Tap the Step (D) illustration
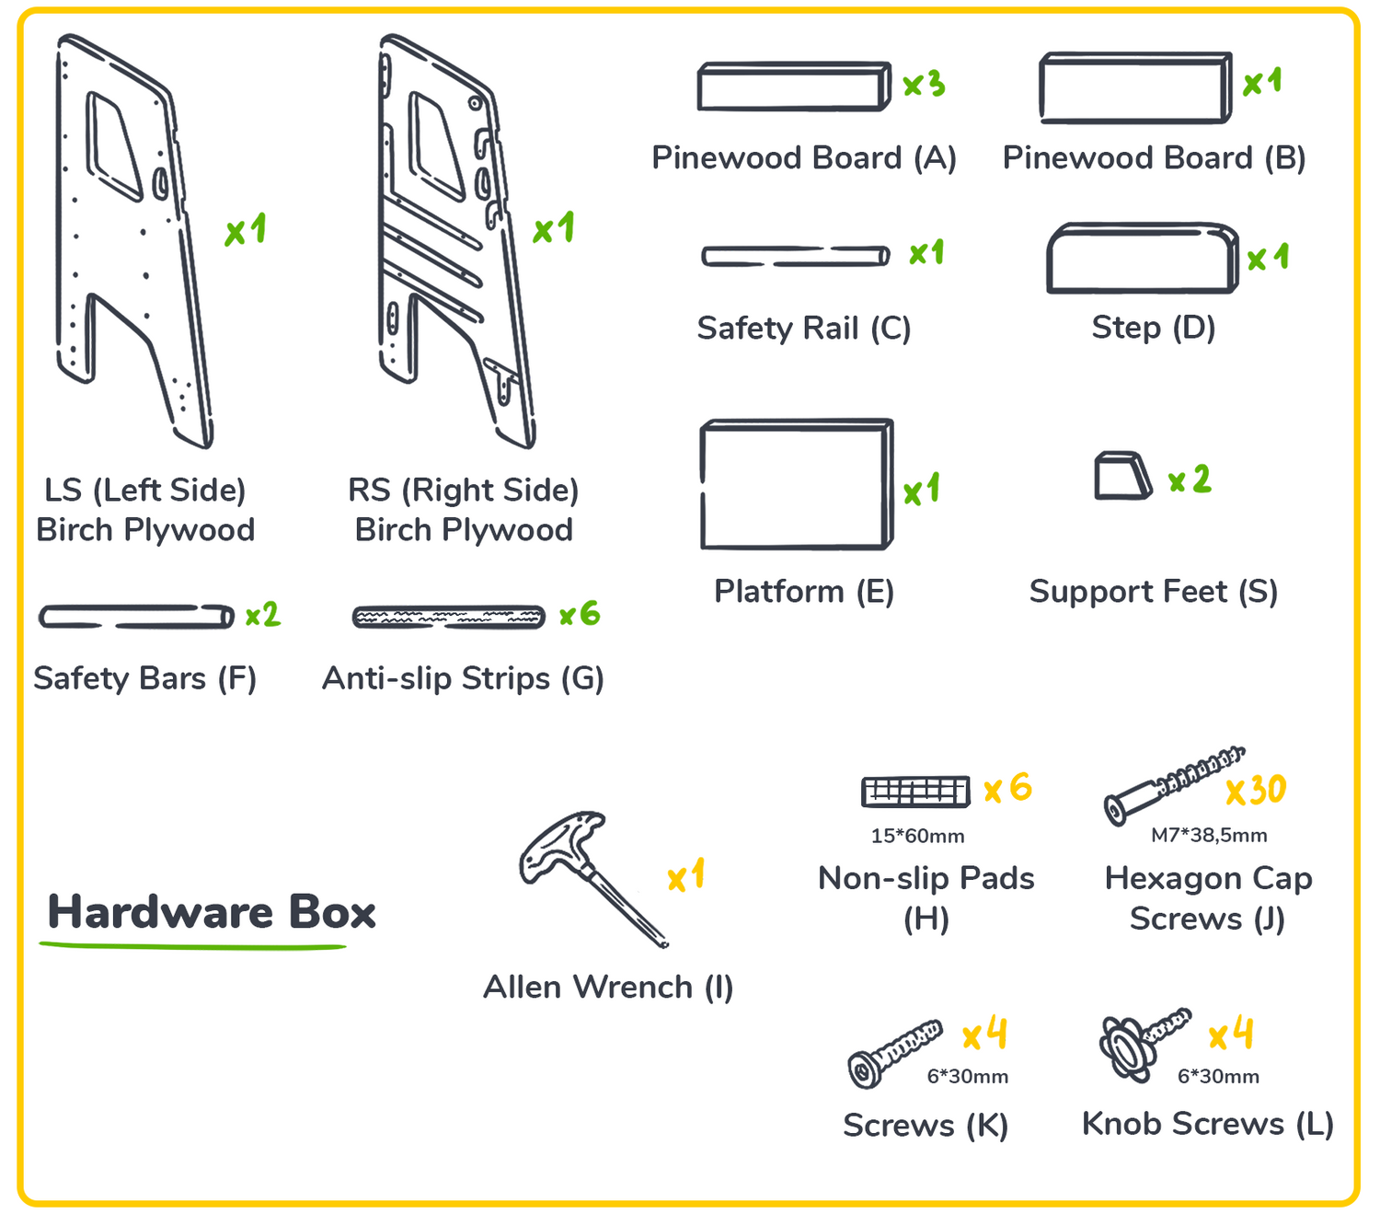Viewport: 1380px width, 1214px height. (x=1142, y=259)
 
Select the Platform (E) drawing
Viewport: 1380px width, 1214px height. (x=796, y=485)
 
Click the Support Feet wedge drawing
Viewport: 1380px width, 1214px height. (x=1121, y=476)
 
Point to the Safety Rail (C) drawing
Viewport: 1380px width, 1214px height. (x=795, y=256)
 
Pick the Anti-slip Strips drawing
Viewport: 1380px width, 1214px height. (x=449, y=617)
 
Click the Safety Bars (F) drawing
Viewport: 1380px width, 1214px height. (x=136, y=616)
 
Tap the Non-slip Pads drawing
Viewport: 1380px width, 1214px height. (x=915, y=791)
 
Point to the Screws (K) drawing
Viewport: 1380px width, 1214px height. (x=892, y=1052)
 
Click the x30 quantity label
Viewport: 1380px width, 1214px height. (x=1256, y=790)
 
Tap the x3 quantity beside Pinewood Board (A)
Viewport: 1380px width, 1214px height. (x=924, y=85)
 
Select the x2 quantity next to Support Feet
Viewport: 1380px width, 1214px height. (x=1190, y=480)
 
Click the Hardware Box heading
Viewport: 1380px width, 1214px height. (x=212, y=912)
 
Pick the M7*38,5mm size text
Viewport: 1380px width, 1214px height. (x=1209, y=835)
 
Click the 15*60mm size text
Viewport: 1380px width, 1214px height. (x=917, y=836)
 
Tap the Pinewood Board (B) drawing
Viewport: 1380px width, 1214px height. (x=1135, y=88)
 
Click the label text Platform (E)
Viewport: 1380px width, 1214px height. (x=804, y=591)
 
